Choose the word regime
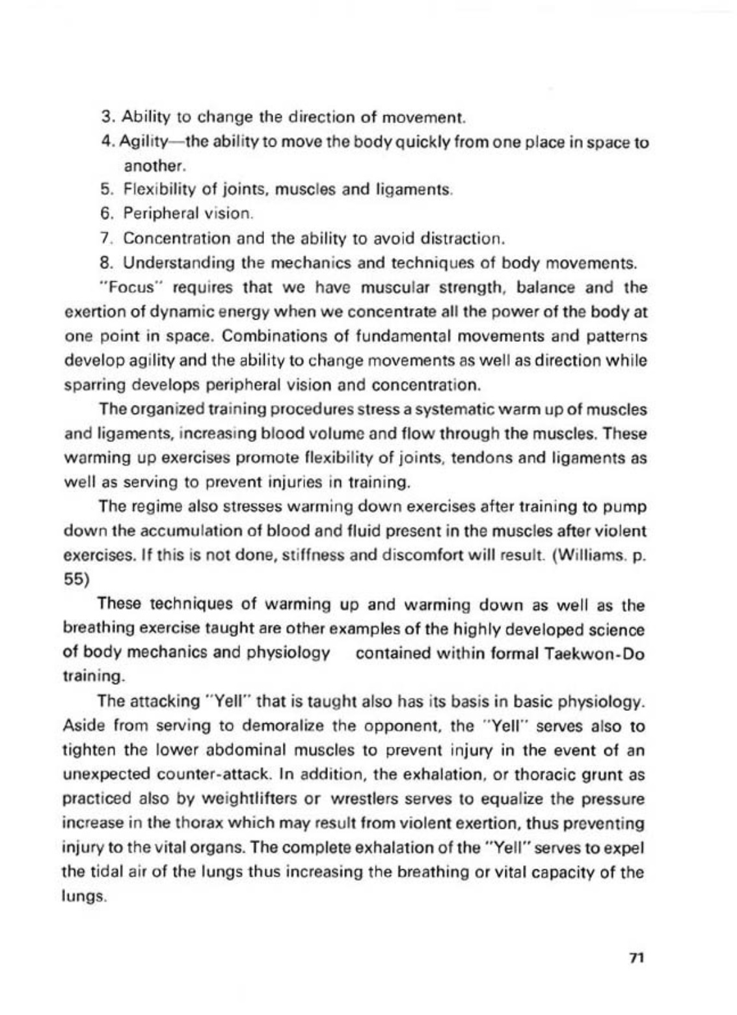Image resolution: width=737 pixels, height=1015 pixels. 146,507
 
